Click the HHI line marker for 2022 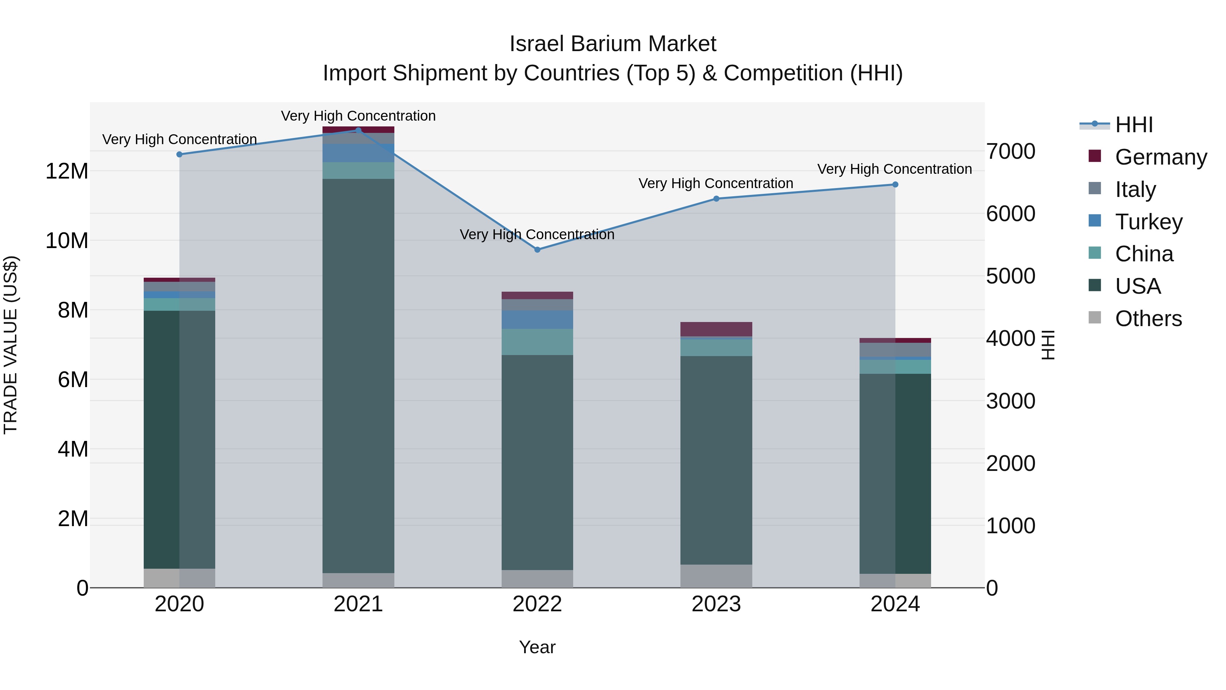[x=537, y=249]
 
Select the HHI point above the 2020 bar [x=179, y=154]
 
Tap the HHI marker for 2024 [x=895, y=184]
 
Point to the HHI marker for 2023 [x=716, y=199]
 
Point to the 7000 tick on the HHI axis [x=1010, y=151]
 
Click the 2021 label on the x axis [x=358, y=604]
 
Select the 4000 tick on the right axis [x=1010, y=339]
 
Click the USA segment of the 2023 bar [x=716, y=460]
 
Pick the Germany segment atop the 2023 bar [x=716, y=329]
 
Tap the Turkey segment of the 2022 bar [x=537, y=320]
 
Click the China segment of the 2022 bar [x=537, y=342]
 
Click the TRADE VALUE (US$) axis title [x=11, y=345]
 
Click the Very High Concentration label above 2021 [x=358, y=116]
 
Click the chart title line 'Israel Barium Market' [x=613, y=44]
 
